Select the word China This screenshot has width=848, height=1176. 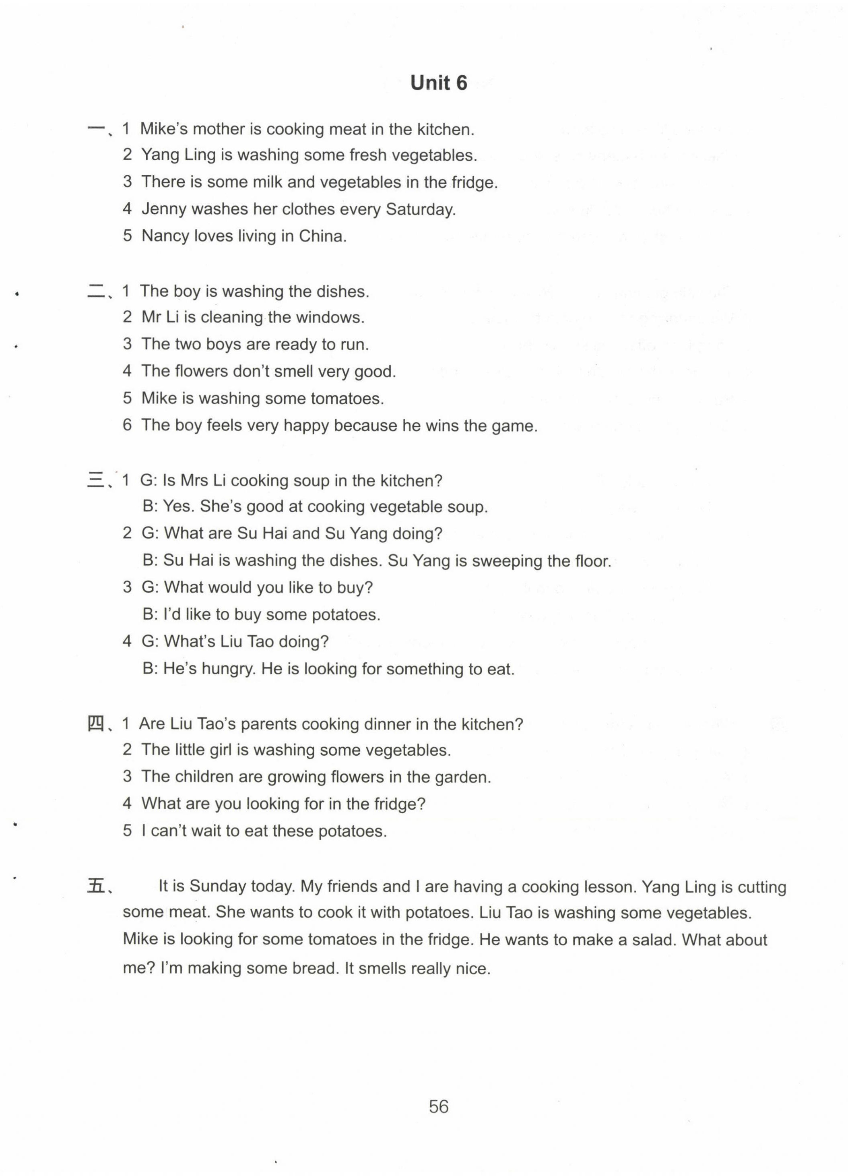(x=321, y=236)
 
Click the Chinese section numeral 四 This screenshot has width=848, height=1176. (x=96, y=723)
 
